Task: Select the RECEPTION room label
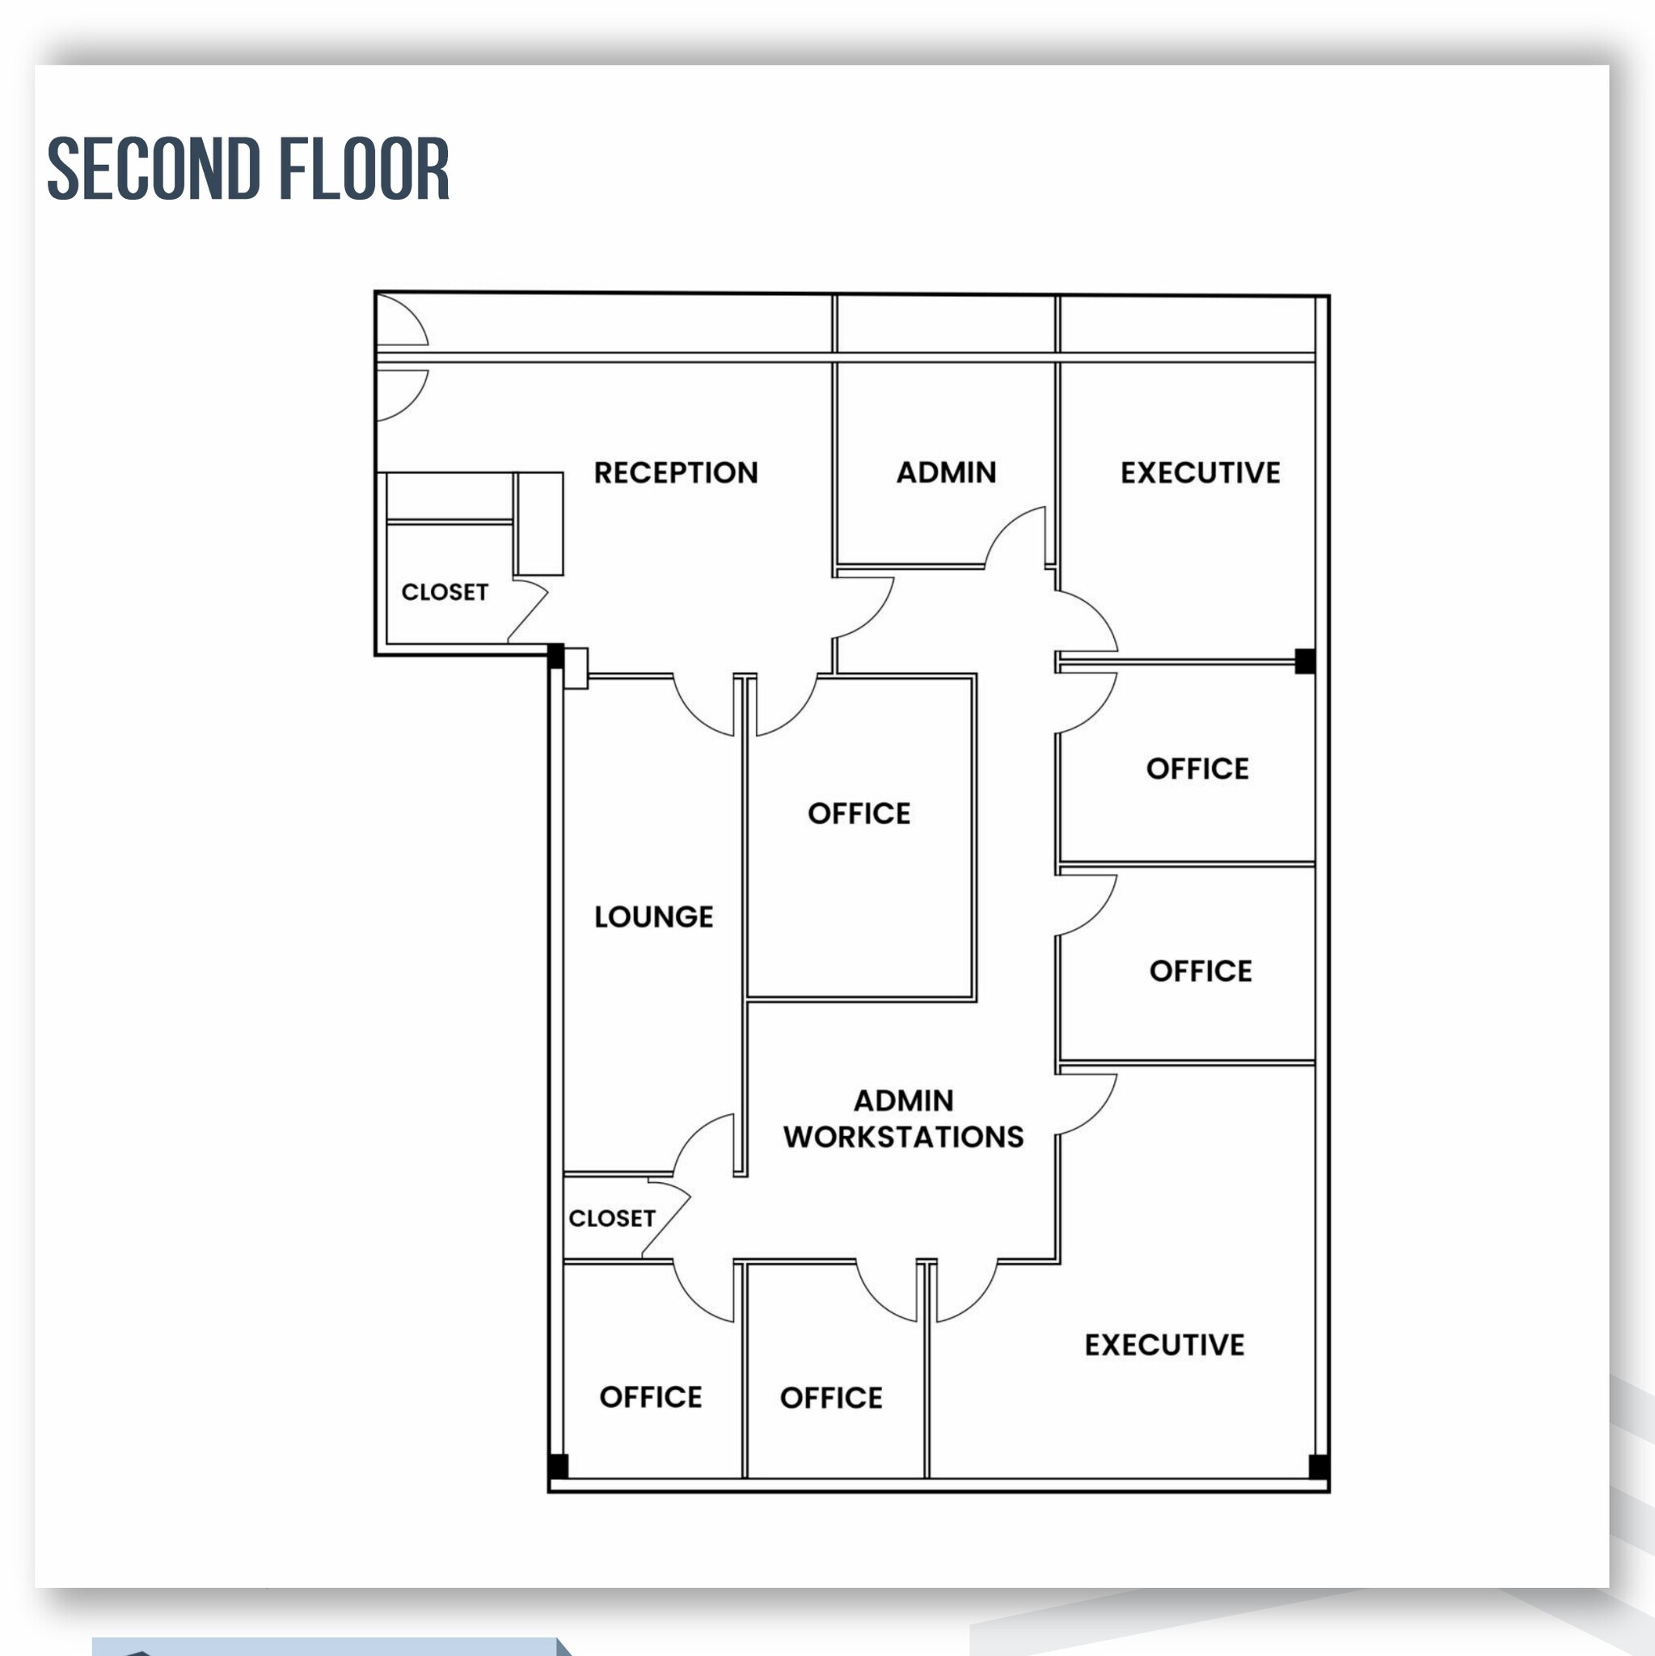point(675,472)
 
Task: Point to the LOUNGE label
point(653,916)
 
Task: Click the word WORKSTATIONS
point(903,1137)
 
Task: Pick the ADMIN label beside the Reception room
point(946,472)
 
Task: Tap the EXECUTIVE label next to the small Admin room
point(1200,472)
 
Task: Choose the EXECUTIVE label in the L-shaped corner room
point(1164,1344)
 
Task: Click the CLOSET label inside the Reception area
point(444,591)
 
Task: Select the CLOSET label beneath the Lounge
point(611,1218)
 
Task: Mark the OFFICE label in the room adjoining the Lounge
point(859,813)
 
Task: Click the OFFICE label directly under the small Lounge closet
point(651,1396)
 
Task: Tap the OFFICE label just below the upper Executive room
point(1197,768)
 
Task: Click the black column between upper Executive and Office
point(1304,661)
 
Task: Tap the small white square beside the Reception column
point(576,668)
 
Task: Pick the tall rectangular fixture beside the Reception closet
point(540,523)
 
